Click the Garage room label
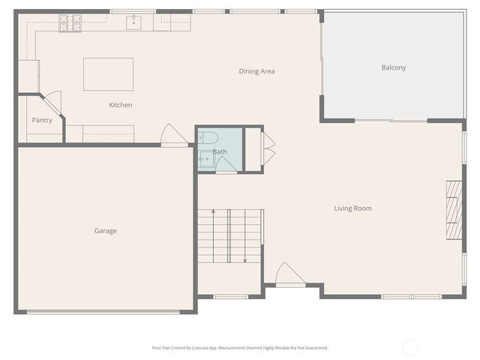pyautogui.click(x=105, y=231)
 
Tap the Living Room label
pyautogui.click(x=352, y=208)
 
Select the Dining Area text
pyautogui.click(x=256, y=71)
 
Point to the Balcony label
pyautogui.click(x=393, y=67)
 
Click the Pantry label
pyautogui.click(x=42, y=120)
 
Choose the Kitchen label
pyautogui.click(x=120, y=105)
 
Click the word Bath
pyautogui.click(x=220, y=151)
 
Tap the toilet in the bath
pyautogui.click(x=208, y=137)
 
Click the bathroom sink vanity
pyautogui.click(x=205, y=158)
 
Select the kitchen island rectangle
pyautogui.click(x=108, y=74)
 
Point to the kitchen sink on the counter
pyautogui.click(x=135, y=22)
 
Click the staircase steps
pyautogui.click(x=230, y=235)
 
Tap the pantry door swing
pyautogui.click(x=52, y=103)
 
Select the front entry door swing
pyautogui.click(x=289, y=275)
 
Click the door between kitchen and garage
pyautogui.click(x=173, y=136)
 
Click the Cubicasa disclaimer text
pyautogui.click(x=239, y=348)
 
